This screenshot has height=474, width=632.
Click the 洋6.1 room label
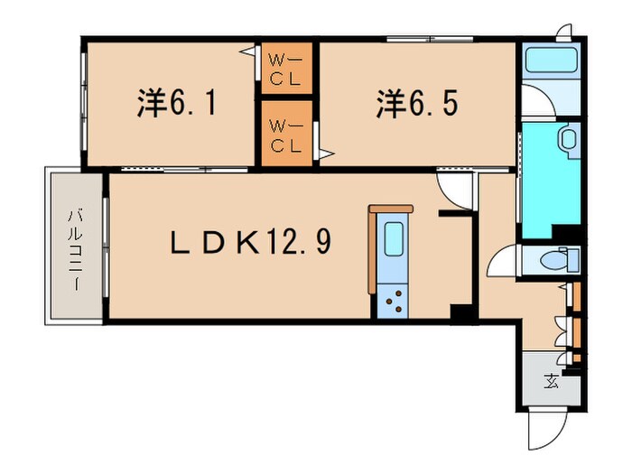[177, 104]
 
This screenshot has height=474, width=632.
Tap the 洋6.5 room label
[417, 104]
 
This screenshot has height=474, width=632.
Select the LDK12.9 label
[251, 243]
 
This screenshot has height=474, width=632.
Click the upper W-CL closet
[286, 68]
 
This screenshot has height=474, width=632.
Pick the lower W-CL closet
[286, 134]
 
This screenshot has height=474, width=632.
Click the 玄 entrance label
[551, 381]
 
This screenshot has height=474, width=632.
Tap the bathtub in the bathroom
[552, 60]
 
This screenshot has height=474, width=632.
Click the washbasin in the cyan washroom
[569, 139]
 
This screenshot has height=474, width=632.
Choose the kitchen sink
[394, 238]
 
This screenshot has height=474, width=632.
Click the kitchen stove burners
[394, 301]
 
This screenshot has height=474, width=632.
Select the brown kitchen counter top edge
[391, 209]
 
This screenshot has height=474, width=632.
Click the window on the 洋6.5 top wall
[430, 39]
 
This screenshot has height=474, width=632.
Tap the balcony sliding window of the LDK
[106, 247]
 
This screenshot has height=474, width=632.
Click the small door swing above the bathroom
[564, 33]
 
